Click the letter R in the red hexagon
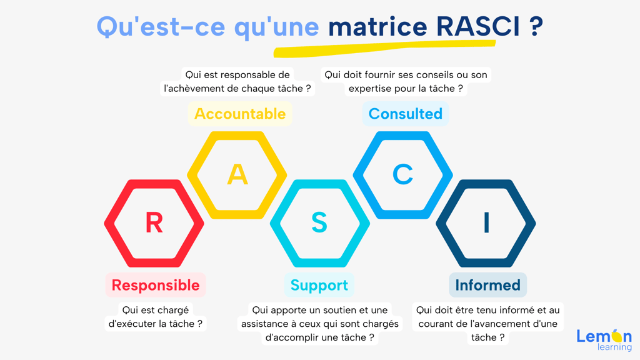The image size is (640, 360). pyautogui.click(x=154, y=223)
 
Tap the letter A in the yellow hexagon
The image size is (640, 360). pyautogui.click(x=237, y=175)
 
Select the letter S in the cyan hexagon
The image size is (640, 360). pyautogui.click(x=319, y=223)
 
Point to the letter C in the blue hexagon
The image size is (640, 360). pyautogui.click(x=403, y=175)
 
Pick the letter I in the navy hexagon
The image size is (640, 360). pyautogui.click(x=486, y=223)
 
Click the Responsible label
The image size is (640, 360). pyautogui.click(x=156, y=285)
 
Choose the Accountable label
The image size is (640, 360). pyautogui.click(x=240, y=114)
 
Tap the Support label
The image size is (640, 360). pyautogui.click(x=319, y=285)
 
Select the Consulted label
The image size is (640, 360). pyautogui.click(x=405, y=114)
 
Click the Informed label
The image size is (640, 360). pyautogui.click(x=487, y=285)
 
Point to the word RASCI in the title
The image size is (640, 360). pyautogui.click(x=478, y=26)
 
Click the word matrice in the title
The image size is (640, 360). pyautogui.click(x=377, y=26)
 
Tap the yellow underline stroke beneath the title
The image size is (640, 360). pyautogui.click(x=384, y=47)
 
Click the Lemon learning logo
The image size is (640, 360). pyautogui.click(x=604, y=339)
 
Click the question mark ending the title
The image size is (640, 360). pyautogui.click(x=537, y=26)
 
